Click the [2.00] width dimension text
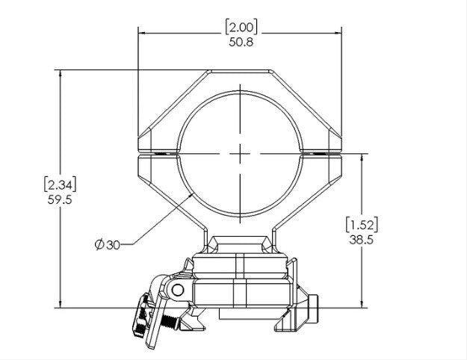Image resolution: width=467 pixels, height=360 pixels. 241,28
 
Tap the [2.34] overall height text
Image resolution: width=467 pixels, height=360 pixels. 61,184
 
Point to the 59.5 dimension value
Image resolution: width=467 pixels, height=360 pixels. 61,199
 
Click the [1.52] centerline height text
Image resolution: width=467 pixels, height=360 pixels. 361,225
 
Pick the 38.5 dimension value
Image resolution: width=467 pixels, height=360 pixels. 361,240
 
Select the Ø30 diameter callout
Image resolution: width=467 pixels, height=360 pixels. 108,243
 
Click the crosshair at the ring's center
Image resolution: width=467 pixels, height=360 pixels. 241,152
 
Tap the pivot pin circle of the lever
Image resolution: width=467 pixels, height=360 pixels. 177,289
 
